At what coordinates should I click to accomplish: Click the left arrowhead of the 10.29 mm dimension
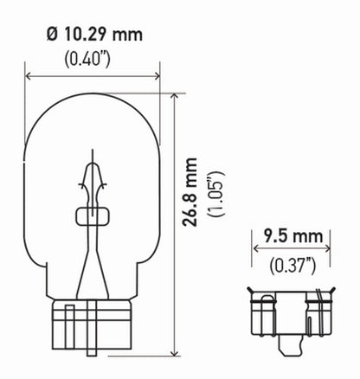click(29, 76)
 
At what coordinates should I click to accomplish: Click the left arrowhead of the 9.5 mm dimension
click(256, 250)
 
